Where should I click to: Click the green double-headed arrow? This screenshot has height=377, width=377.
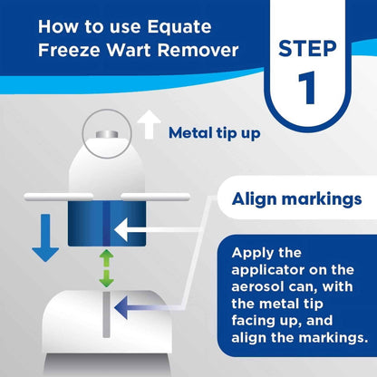click(x=107, y=269)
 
